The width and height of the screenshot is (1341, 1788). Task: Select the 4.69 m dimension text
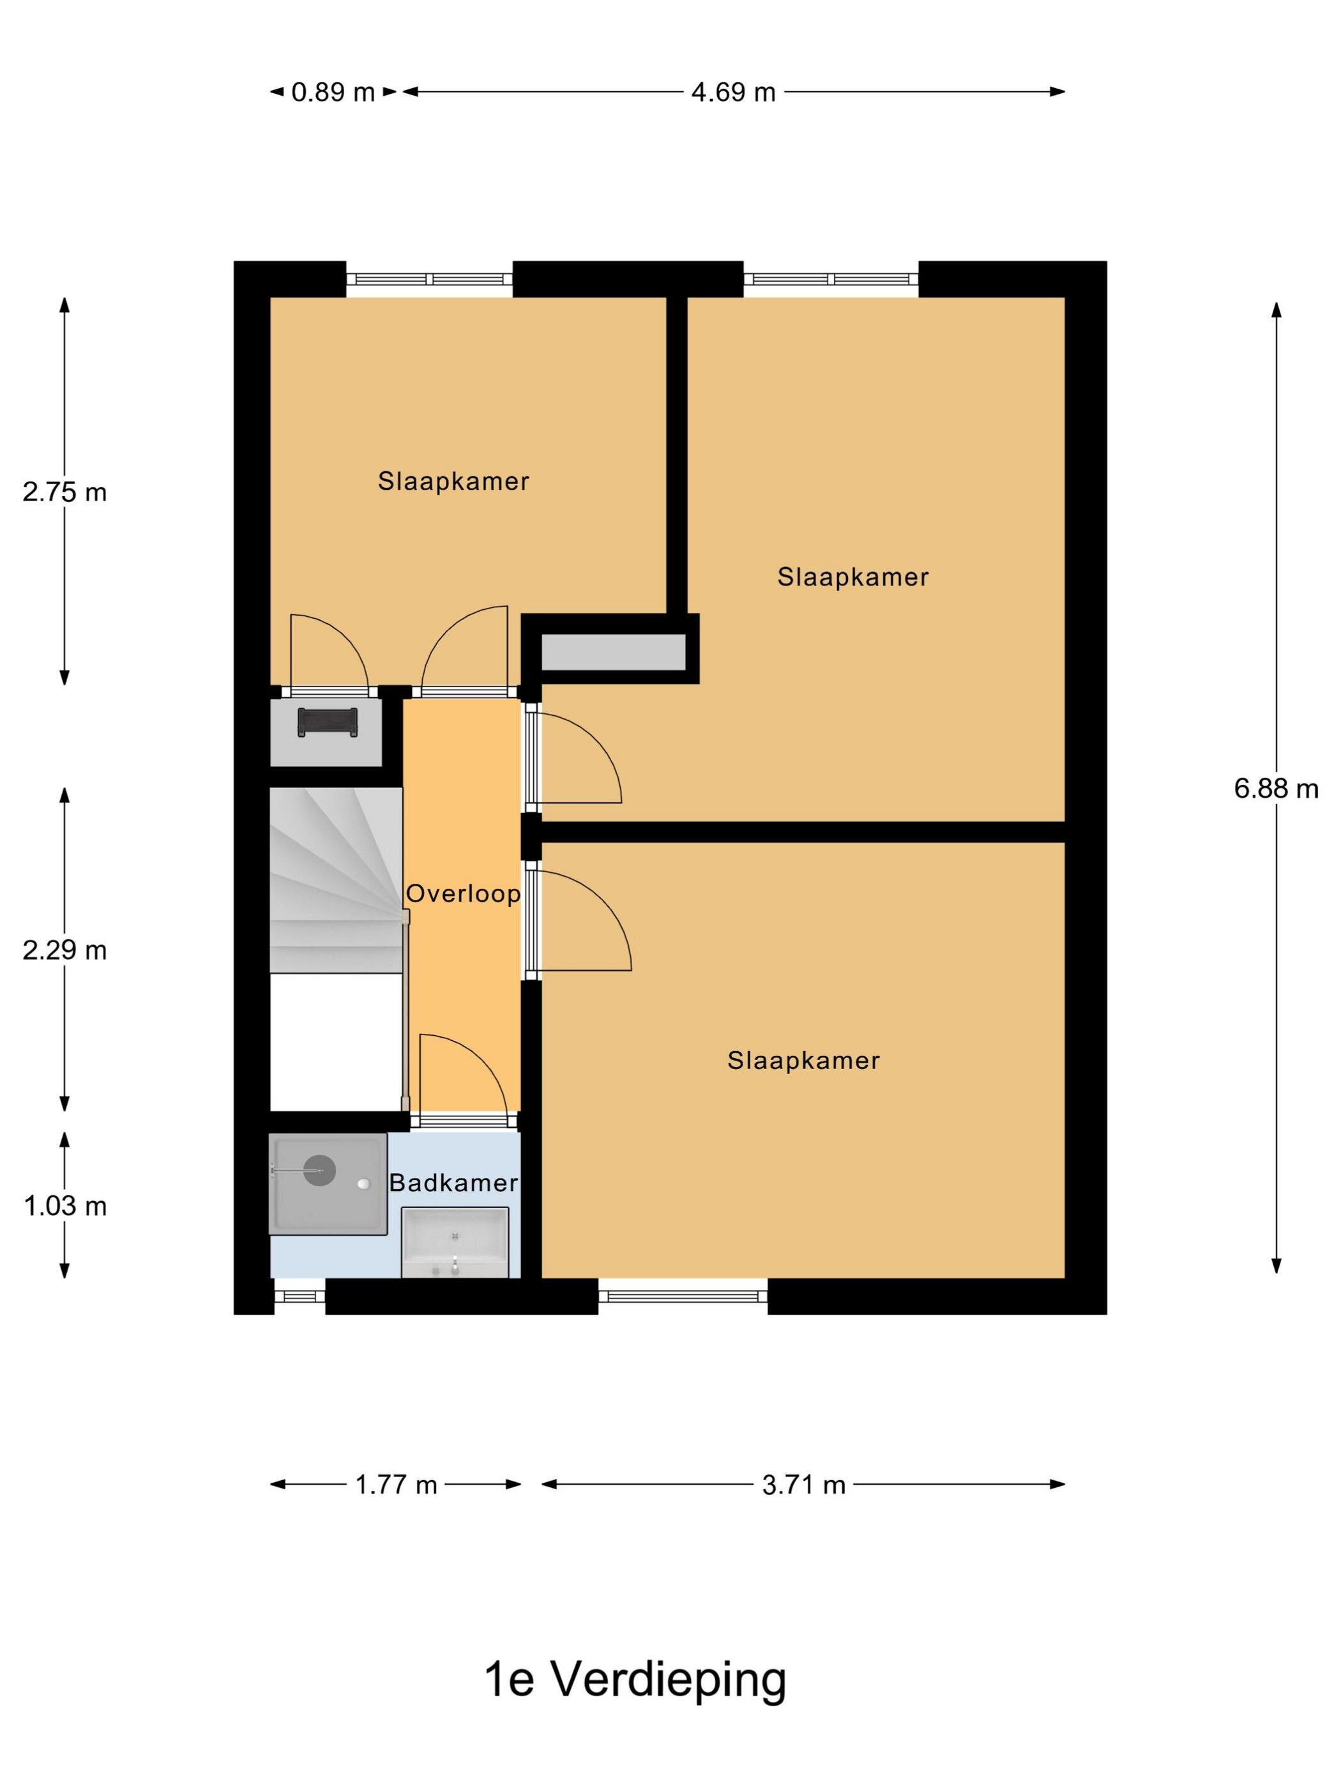(x=732, y=92)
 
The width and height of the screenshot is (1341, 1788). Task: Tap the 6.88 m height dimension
(x=1275, y=788)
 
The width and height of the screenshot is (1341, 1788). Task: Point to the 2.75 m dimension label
(x=64, y=492)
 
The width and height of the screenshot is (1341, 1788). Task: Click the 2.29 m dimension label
(x=64, y=950)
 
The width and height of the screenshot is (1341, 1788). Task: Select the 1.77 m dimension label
(x=396, y=1484)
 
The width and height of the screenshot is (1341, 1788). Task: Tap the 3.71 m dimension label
(x=803, y=1484)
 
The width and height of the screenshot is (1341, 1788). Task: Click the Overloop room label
(x=462, y=893)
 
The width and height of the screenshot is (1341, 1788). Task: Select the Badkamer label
(x=453, y=1183)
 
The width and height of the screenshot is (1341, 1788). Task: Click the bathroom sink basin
(x=455, y=1243)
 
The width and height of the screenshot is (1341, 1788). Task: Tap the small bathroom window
(x=299, y=1296)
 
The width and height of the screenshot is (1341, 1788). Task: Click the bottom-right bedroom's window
(x=683, y=1296)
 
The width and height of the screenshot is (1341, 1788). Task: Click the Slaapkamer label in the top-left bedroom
(x=453, y=481)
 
